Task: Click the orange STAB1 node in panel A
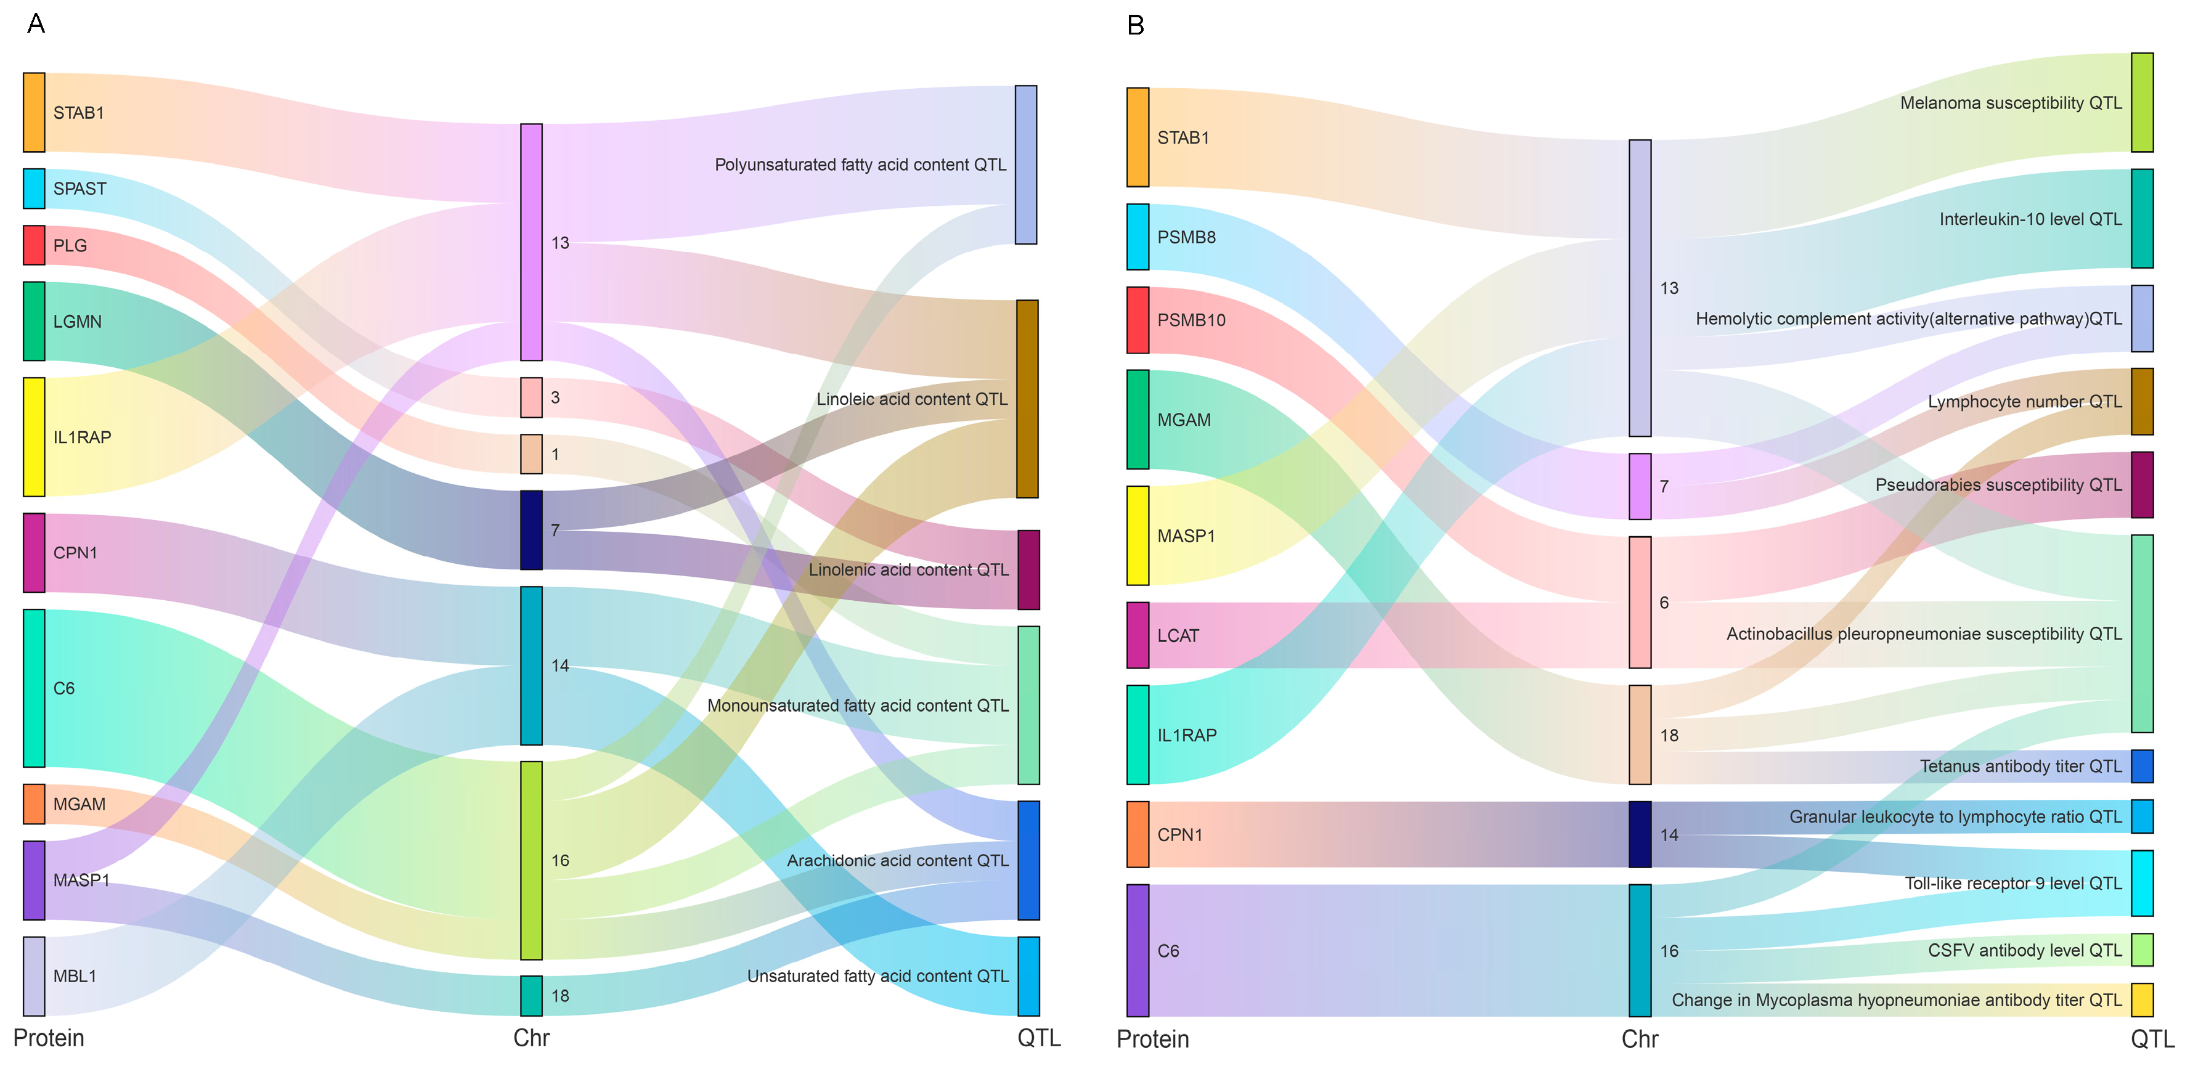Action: click(x=34, y=113)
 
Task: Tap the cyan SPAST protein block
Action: click(x=34, y=189)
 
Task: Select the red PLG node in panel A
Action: click(x=34, y=245)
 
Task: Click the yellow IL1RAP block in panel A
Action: click(x=34, y=437)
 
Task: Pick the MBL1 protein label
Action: click(x=75, y=976)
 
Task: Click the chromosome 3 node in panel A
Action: click(x=531, y=397)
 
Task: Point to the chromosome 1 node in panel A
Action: click(x=531, y=455)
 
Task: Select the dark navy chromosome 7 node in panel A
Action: click(x=531, y=530)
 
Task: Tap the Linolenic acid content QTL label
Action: click(x=908, y=570)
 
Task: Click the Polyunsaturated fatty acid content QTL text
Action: click(x=860, y=165)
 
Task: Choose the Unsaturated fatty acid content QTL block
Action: click(x=1028, y=976)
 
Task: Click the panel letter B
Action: click(x=1136, y=25)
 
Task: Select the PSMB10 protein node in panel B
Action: click(x=1137, y=320)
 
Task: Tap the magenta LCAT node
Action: click(x=1137, y=635)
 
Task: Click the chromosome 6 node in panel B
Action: click(x=1640, y=602)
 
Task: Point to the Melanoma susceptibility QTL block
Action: click(x=2142, y=103)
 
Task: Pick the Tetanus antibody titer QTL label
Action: click(x=2020, y=767)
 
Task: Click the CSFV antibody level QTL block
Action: click(x=2142, y=950)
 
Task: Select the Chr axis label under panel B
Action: click(x=1640, y=1039)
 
